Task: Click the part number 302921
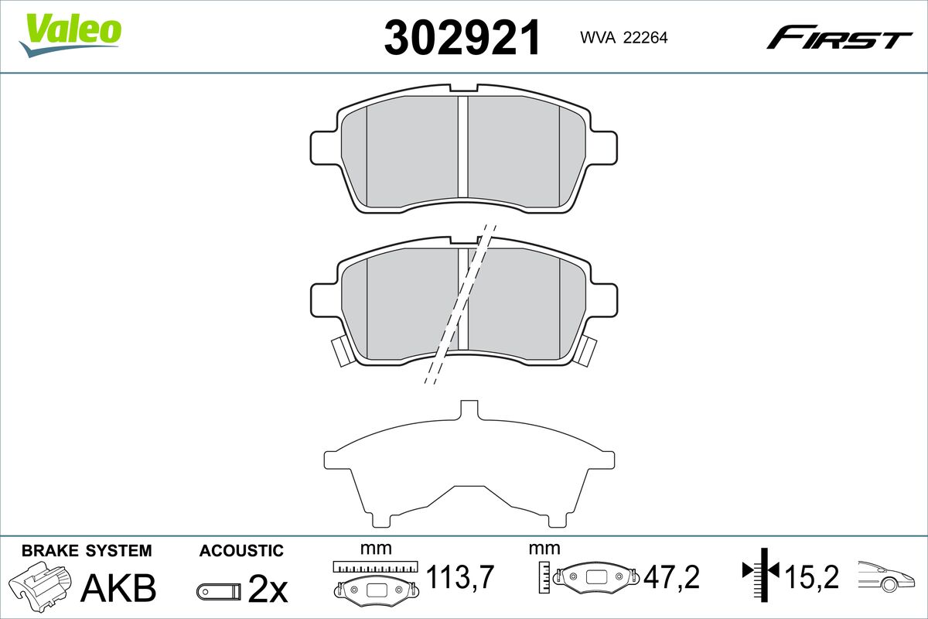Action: point(462,37)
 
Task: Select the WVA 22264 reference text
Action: point(624,38)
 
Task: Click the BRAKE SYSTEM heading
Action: point(87,551)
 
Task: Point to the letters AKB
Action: point(118,588)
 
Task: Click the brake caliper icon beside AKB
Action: point(40,582)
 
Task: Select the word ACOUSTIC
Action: point(241,551)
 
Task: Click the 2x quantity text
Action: point(268,589)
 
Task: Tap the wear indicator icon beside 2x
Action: point(218,591)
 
